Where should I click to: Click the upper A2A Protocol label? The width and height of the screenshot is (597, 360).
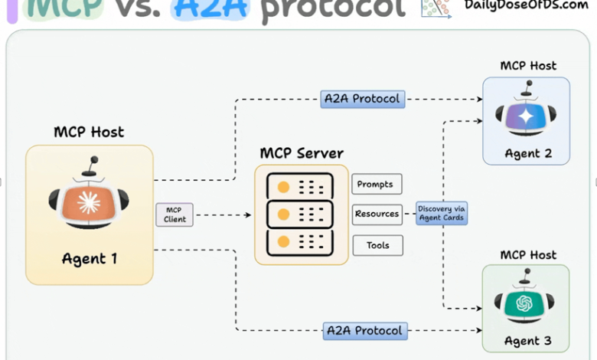pos(363,99)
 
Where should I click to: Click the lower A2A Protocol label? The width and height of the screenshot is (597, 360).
pos(364,331)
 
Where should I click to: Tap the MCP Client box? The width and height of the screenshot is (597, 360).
pos(175,214)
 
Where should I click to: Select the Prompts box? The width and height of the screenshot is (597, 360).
pos(377,184)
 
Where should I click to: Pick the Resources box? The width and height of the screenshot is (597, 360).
pos(377,214)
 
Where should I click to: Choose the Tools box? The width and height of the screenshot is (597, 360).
pos(377,245)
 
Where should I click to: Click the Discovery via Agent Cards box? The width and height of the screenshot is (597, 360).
pos(442,213)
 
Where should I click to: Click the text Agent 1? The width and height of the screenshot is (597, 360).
pos(90,258)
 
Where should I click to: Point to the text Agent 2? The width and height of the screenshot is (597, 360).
pos(528,153)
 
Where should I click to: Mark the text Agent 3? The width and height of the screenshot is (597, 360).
pos(527,340)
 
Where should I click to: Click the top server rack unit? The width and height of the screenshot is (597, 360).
pos(299,187)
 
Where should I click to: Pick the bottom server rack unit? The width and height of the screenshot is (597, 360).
pos(299,242)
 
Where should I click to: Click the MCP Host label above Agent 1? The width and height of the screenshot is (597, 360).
pos(89,132)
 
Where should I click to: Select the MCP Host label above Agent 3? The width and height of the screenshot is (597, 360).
pos(528,254)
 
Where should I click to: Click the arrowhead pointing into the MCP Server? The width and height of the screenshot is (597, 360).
pos(248,214)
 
